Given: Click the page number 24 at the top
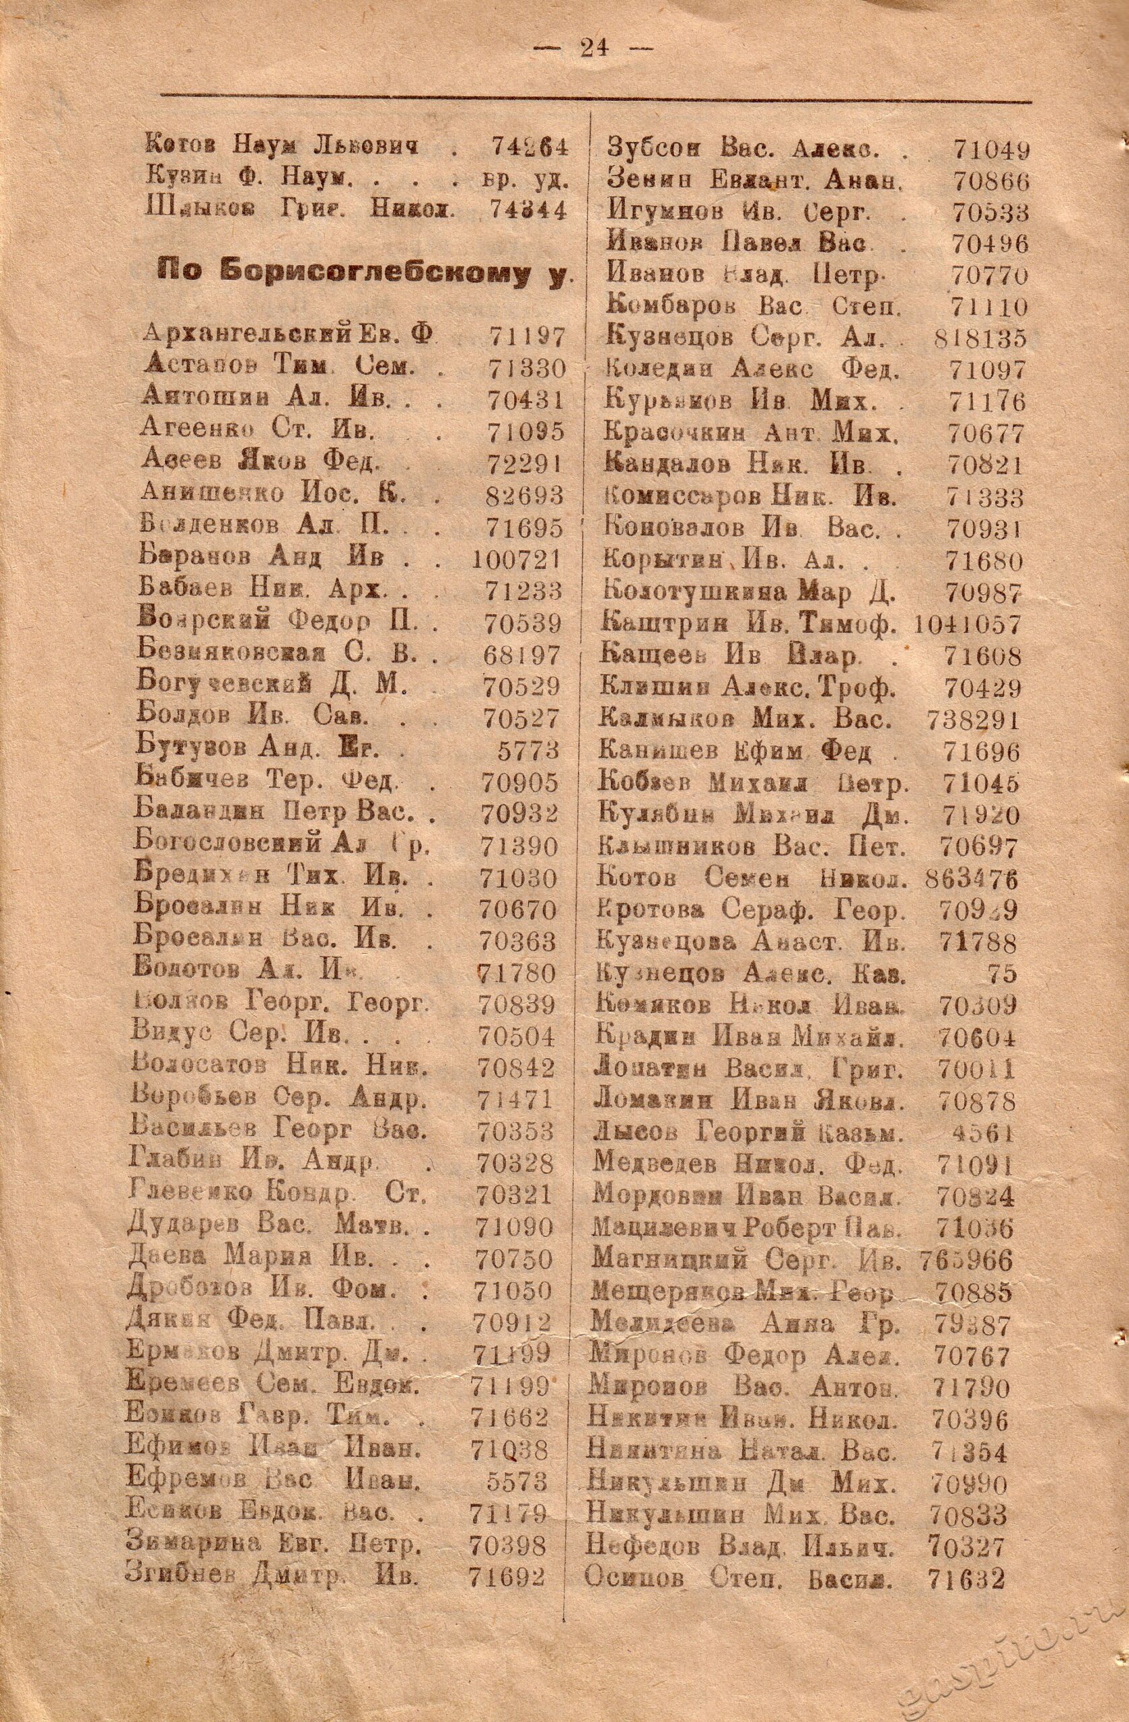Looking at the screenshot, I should (x=593, y=48).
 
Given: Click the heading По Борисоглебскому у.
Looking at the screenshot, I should (x=362, y=276).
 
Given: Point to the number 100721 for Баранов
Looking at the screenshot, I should (x=517, y=559).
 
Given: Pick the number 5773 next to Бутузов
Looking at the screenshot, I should (x=529, y=749).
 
